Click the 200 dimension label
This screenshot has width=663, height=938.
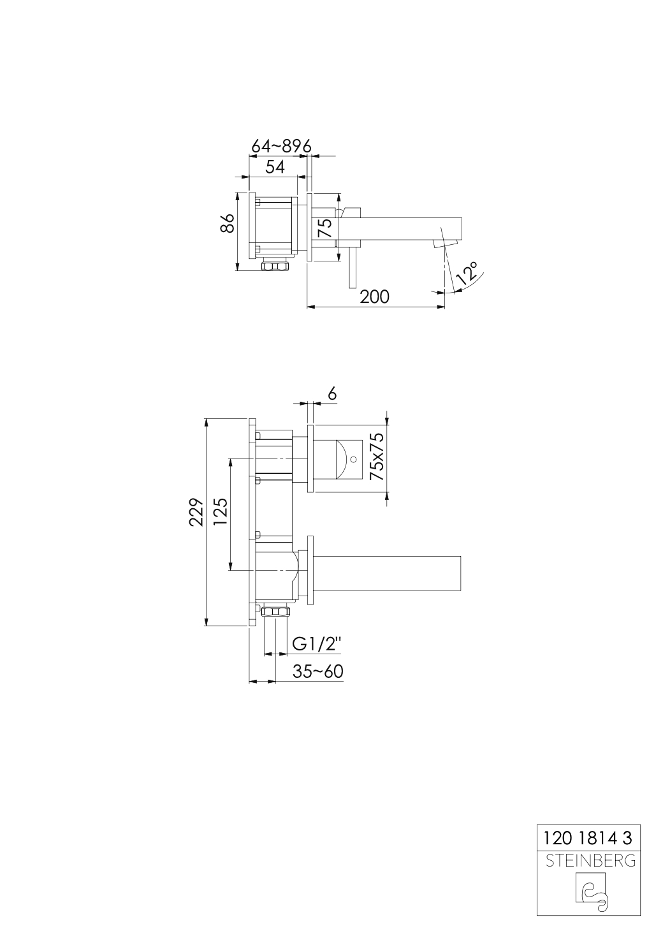coord(374,297)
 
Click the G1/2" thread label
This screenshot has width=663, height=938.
coord(317,644)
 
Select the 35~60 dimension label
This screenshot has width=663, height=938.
coord(317,671)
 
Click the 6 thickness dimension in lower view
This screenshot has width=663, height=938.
coord(331,394)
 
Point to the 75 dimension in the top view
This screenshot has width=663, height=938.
coord(325,228)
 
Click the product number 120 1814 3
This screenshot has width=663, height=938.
coord(587,837)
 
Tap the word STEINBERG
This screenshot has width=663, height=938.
coord(590,861)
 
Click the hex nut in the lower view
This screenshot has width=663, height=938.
coord(276,613)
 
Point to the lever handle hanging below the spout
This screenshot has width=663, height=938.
coord(351,268)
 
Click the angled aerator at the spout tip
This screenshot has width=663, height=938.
coord(446,243)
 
